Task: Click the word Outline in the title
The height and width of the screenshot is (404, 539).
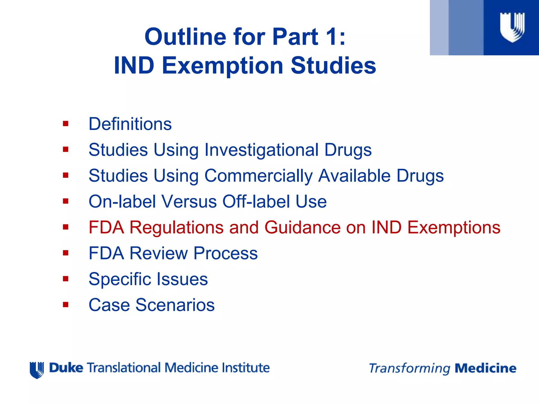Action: pos(185,37)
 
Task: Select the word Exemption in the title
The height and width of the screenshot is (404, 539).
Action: pos(222,66)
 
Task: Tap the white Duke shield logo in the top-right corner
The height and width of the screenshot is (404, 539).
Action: pos(512,27)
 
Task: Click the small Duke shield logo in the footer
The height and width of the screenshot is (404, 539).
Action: pos(37,370)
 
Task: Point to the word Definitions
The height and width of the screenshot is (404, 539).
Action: pos(130,124)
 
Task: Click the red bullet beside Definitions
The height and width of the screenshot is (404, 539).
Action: pos(66,124)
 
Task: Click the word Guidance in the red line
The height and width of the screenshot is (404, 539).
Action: pos(302,227)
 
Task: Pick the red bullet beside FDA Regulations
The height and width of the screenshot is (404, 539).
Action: pos(66,227)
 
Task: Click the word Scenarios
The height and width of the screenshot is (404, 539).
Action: pos(175,305)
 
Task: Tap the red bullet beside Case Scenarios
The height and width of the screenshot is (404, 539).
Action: pos(66,305)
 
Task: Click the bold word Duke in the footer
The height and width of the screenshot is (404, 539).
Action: pos(66,368)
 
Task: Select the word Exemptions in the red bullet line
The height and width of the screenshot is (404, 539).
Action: pos(454,227)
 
